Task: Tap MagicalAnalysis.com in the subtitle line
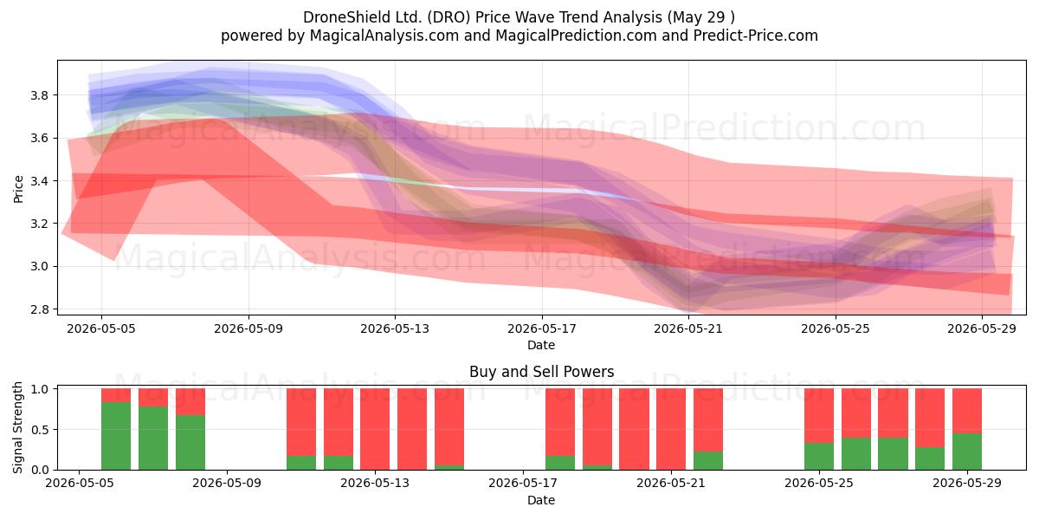(x=384, y=36)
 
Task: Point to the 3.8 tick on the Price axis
(x=40, y=95)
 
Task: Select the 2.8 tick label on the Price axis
(x=40, y=309)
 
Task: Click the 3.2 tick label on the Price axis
(x=40, y=224)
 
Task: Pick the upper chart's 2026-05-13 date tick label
(x=395, y=328)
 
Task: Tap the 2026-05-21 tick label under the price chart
(x=688, y=328)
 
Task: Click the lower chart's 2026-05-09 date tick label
(x=227, y=484)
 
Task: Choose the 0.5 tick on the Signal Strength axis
(x=40, y=430)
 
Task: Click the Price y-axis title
(x=18, y=189)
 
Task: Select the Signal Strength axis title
(x=17, y=427)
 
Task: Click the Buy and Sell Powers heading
(x=541, y=372)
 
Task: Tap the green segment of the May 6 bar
(x=116, y=436)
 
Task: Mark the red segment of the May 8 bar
(x=190, y=401)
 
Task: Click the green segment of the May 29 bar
(x=966, y=452)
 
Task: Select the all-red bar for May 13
(x=375, y=429)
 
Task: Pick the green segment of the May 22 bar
(x=708, y=460)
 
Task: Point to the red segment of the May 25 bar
(x=819, y=415)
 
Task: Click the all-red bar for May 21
(x=671, y=429)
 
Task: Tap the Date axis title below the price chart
(x=541, y=345)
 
